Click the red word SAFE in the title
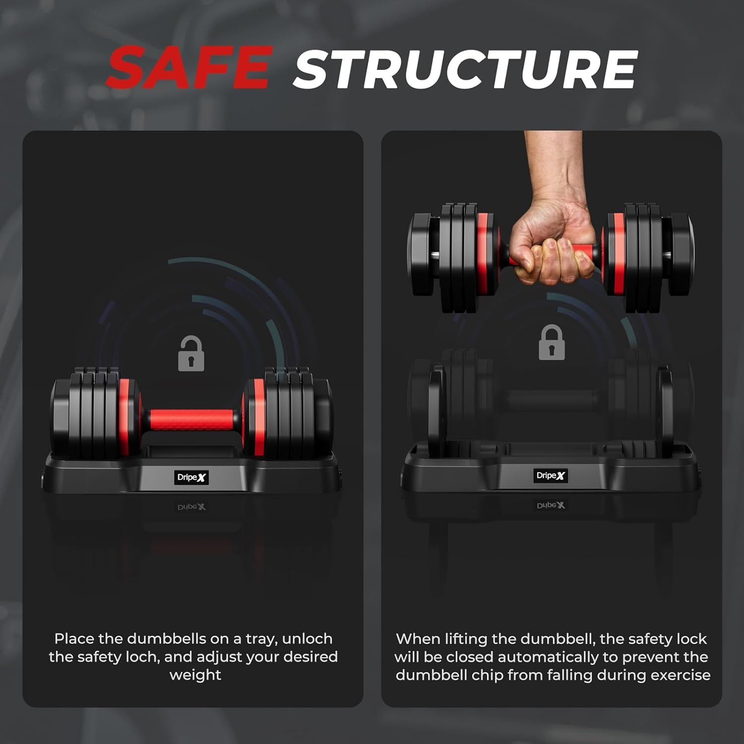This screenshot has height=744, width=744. (x=189, y=67)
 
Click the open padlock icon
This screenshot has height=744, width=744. (x=191, y=353)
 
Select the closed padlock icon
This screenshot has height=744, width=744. (x=552, y=342)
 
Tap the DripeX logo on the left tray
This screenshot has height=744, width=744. (x=191, y=478)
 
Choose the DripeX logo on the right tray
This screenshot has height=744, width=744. (x=551, y=476)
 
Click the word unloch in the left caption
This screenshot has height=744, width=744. (x=307, y=638)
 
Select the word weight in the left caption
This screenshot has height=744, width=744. (x=195, y=675)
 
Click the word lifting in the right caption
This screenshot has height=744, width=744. (x=463, y=639)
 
